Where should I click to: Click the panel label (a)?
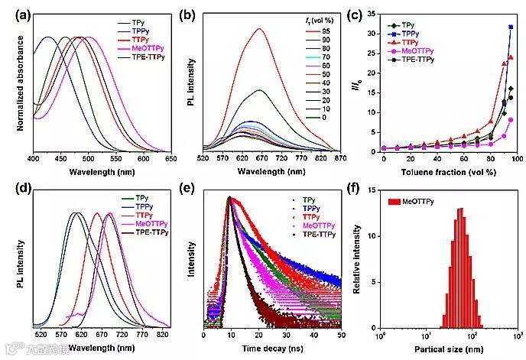(x=13, y=11)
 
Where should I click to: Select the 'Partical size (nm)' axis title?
(x=449, y=349)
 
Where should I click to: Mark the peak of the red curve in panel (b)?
(x=260, y=29)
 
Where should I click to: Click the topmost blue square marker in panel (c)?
(x=511, y=27)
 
